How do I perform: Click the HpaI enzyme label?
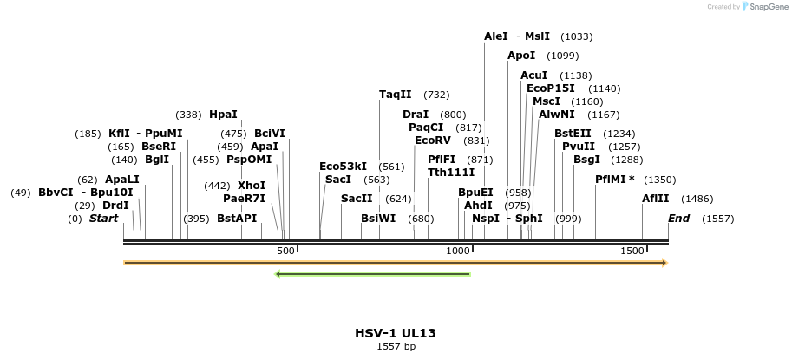pos(223,114)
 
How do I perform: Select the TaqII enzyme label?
pos(396,95)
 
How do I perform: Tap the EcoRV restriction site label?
pos(433,140)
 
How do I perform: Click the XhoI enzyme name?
pos(252,185)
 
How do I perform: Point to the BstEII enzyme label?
pos(573,133)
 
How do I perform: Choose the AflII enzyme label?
pos(656,199)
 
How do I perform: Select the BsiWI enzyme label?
pos(378,218)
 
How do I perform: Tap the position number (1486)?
pos(697,199)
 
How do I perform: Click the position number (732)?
pos(436,95)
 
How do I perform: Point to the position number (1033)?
pos(577,36)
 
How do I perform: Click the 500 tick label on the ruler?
pos(285,251)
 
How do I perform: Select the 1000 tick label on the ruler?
pos(458,251)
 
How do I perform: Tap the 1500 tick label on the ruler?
pos(632,251)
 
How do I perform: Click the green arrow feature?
pos(372,274)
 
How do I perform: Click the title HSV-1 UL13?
pos(396,333)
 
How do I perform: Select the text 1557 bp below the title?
pos(396,347)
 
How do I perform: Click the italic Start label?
pos(103,218)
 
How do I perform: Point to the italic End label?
pos(678,218)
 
